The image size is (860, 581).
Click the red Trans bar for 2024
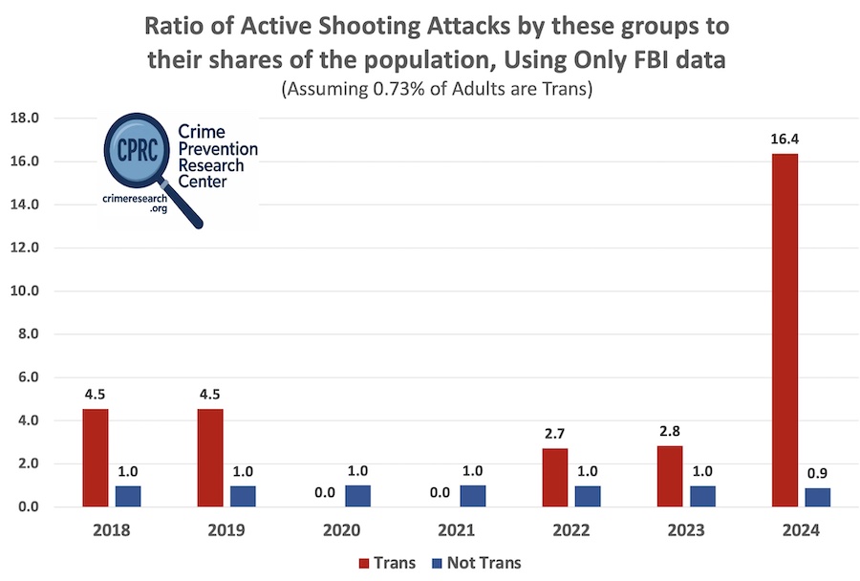point(785,330)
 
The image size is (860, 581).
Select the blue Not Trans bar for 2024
point(818,497)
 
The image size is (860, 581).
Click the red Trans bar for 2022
point(554,477)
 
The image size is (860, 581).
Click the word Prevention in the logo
point(218,149)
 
